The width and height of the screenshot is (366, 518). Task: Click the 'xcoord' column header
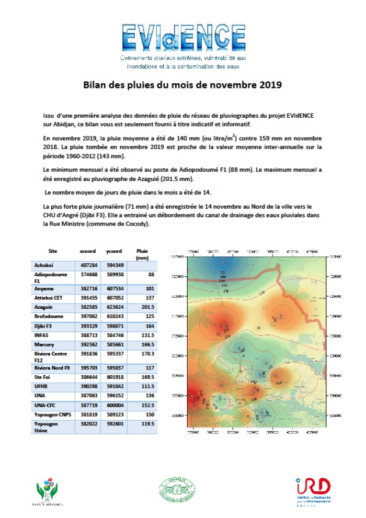pos(87,251)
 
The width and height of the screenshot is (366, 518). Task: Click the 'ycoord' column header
pos(114,251)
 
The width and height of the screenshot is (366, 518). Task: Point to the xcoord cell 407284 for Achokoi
pos(88,266)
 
